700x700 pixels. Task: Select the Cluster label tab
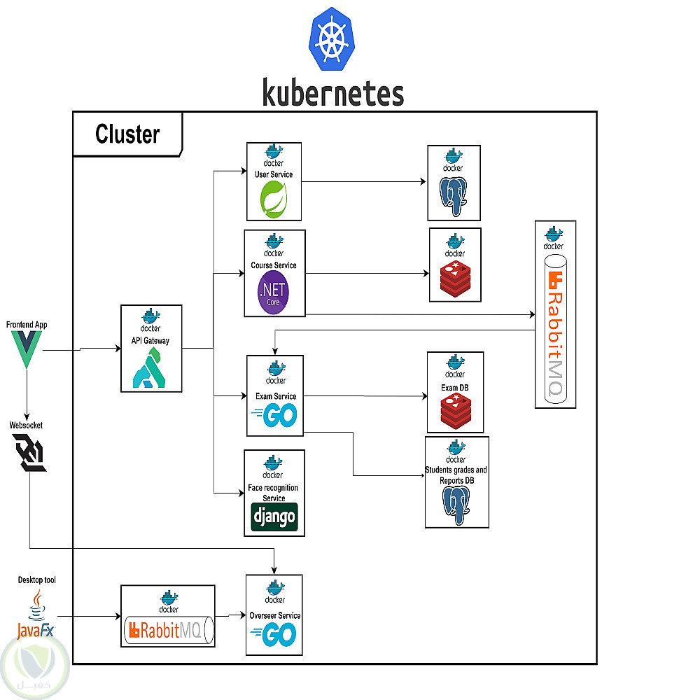[x=127, y=134]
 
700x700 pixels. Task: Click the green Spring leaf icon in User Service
[x=274, y=198]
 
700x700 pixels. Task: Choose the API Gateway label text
[x=151, y=341]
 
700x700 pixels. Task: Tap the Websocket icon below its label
[x=29, y=452]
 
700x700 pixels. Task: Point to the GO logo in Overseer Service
[x=274, y=636]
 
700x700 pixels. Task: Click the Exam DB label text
[x=454, y=388]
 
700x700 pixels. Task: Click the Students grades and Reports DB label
[x=456, y=475]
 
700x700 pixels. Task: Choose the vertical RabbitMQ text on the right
[x=555, y=336]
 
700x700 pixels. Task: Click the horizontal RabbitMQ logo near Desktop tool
[x=168, y=631]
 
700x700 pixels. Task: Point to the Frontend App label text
[x=27, y=325]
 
